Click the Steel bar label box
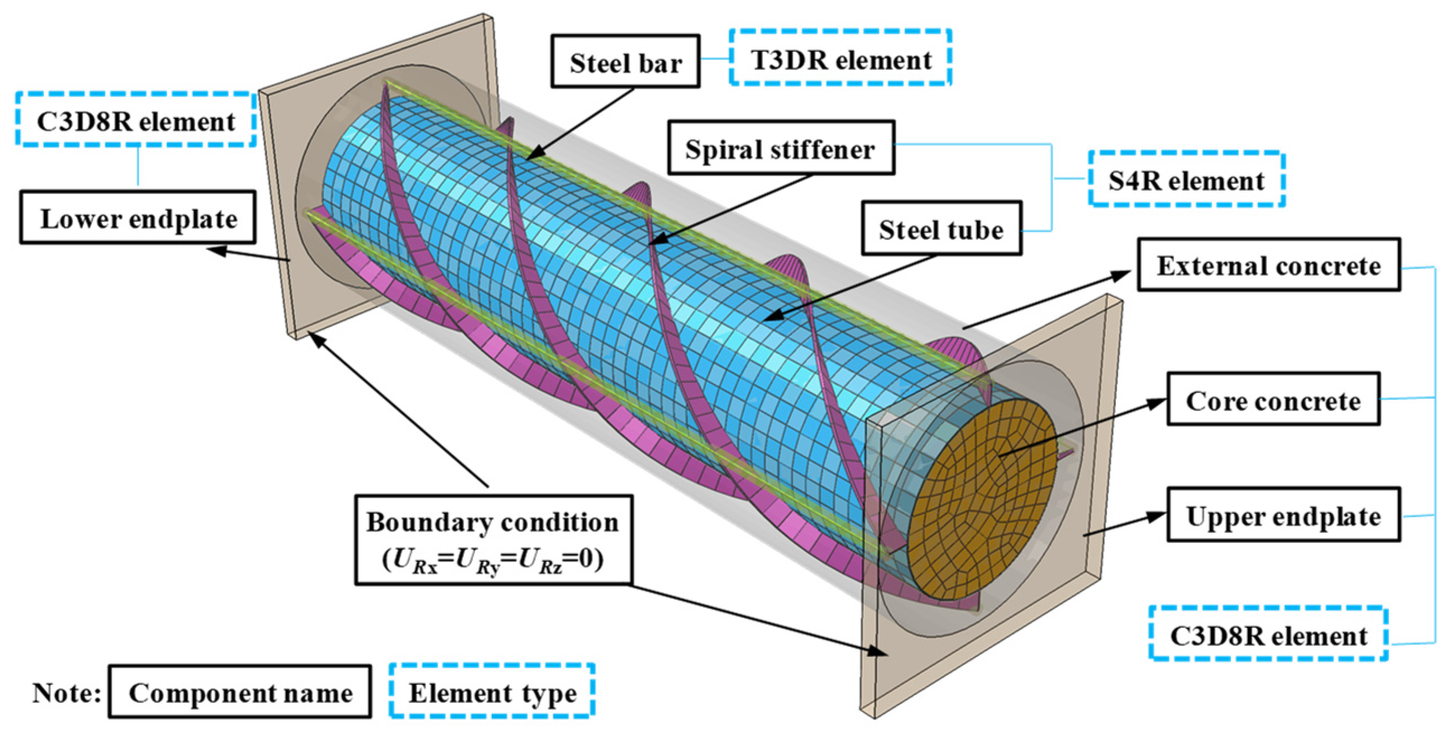point(625,62)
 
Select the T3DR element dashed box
point(840,58)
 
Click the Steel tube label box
point(941,228)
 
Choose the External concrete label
point(1268,264)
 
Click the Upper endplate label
point(1283,515)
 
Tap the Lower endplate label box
point(138,218)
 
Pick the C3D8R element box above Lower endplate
point(135,120)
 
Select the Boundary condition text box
point(493,540)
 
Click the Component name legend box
point(240,692)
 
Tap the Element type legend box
point(492,692)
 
